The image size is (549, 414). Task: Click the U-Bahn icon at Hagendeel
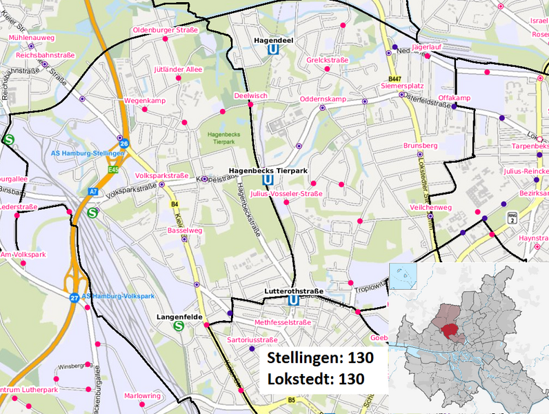point(274,50)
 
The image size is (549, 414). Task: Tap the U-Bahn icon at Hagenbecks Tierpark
point(266,180)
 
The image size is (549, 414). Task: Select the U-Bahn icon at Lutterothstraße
point(294,301)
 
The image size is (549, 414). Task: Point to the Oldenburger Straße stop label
point(166,30)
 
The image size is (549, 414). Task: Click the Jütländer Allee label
point(178,70)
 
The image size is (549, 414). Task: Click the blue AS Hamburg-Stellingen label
point(92,153)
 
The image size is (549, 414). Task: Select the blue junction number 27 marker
point(74,297)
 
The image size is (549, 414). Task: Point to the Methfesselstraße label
point(283,322)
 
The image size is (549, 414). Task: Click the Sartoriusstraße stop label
point(252,340)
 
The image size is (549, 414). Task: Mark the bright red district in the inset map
point(454,332)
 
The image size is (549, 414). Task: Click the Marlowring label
point(142,396)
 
